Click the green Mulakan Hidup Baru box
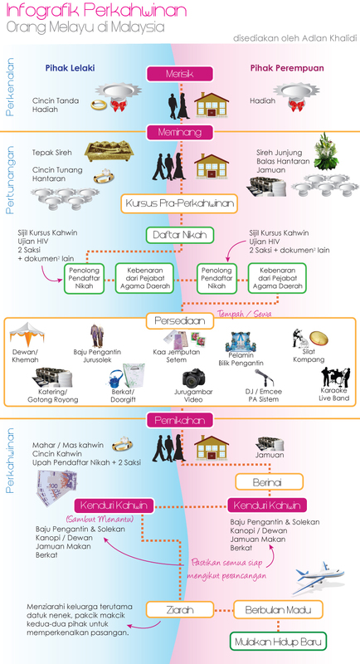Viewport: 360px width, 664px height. point(279,642)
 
